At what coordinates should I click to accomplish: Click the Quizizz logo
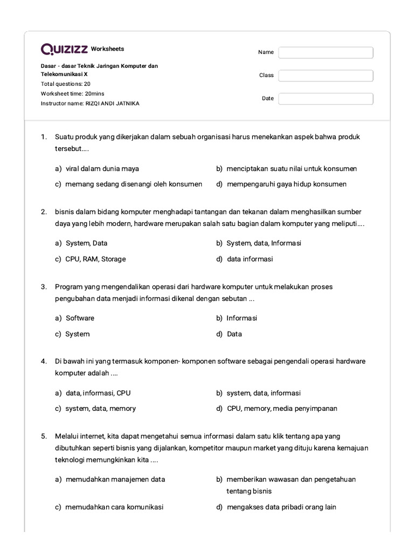coord(64,50)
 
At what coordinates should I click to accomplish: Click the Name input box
coord(326,52)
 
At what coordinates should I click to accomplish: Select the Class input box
coord(326,75)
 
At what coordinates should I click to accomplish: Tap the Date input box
coord(326,99)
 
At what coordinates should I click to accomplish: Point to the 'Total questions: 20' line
coord(66,84)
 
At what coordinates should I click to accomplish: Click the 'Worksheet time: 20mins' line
coord(73,94)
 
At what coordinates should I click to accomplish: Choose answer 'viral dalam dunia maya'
coord(102,169)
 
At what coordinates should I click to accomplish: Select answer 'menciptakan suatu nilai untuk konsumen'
coord(292,169)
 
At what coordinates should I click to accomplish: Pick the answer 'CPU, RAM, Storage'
coord(95,259)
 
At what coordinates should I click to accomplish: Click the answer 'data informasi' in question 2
coord(250,259)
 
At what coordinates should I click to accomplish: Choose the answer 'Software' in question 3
coord(80,318)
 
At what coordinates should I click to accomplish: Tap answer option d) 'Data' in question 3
coord(234,334)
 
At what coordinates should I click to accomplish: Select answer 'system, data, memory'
coord(100,409)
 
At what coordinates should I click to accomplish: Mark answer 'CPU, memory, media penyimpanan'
coord(282,409)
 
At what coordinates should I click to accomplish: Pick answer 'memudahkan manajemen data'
coord(115,479)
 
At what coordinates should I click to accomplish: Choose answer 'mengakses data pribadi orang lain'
coord(281,507)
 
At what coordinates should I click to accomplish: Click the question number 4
coord(44,361)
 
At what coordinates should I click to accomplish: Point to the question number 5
coord(44,436)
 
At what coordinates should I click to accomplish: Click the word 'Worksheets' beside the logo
coord(107,49)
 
